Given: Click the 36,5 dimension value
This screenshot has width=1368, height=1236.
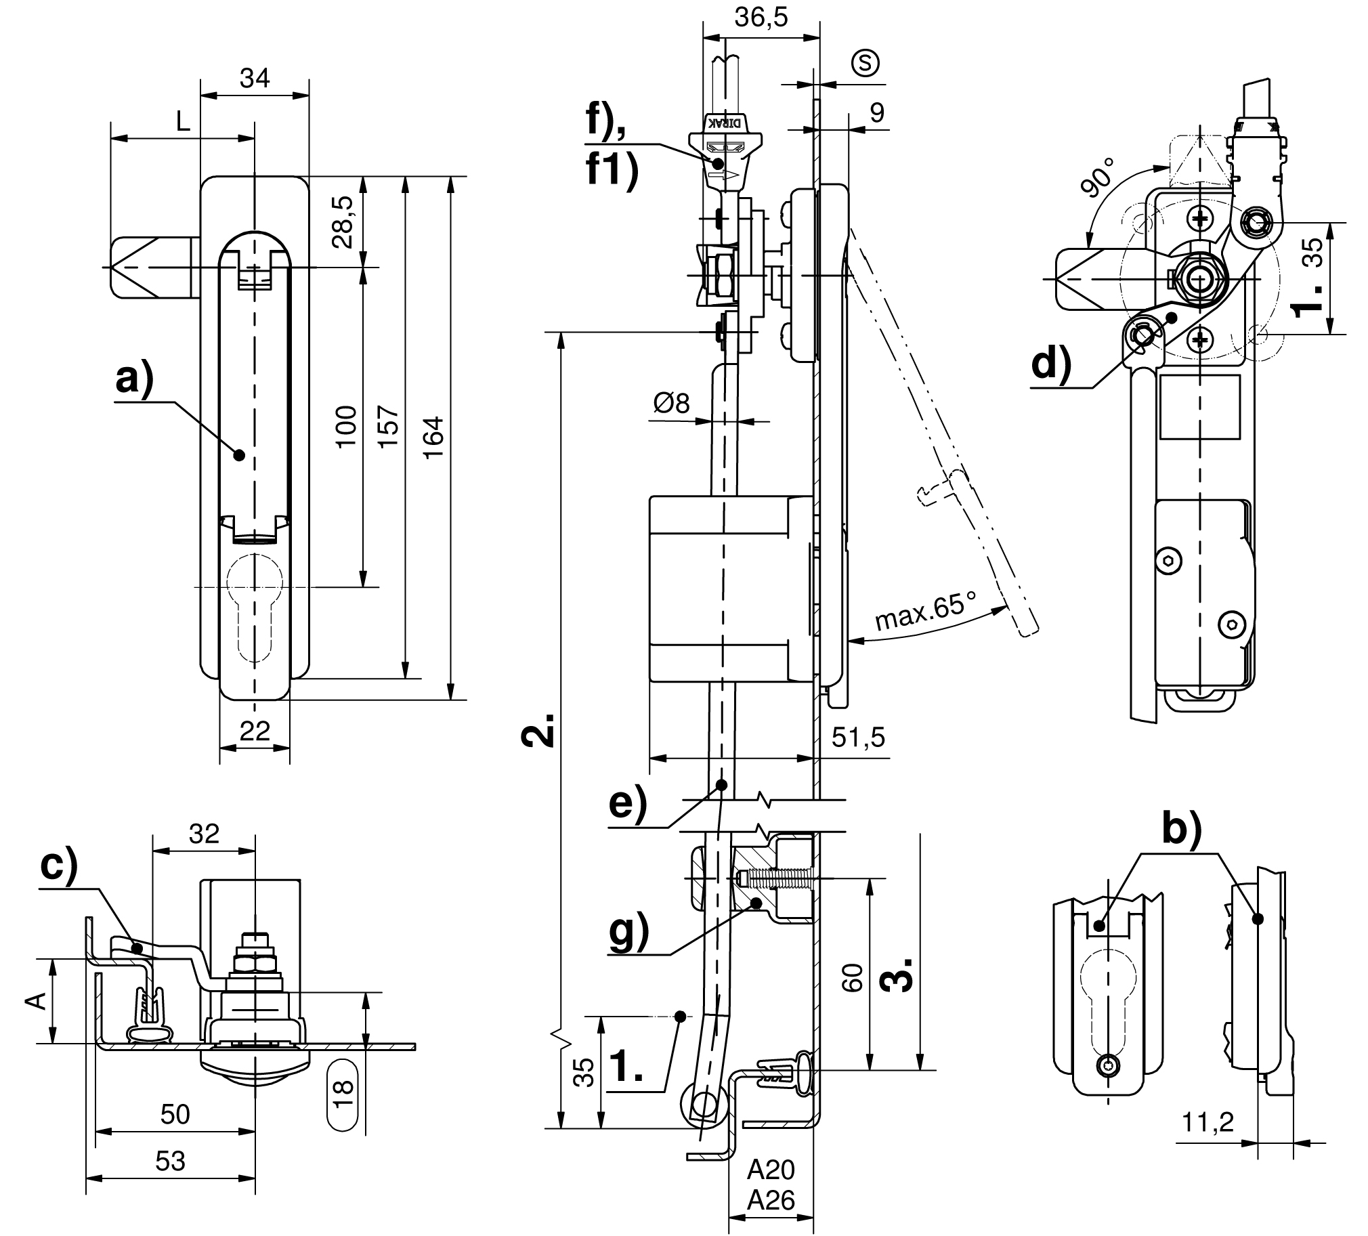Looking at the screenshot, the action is (761, 18).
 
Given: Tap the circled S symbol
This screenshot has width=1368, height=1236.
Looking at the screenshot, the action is (865, 62).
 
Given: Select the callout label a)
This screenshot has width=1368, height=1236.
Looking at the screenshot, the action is (135, 379).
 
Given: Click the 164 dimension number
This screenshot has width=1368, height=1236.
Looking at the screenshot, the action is (433, 438).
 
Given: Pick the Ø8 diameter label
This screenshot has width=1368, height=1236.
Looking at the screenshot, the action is (671, 403).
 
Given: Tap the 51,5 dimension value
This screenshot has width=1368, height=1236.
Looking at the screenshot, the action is (859, 736).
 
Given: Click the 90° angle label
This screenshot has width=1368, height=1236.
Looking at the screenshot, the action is (1097, 177).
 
